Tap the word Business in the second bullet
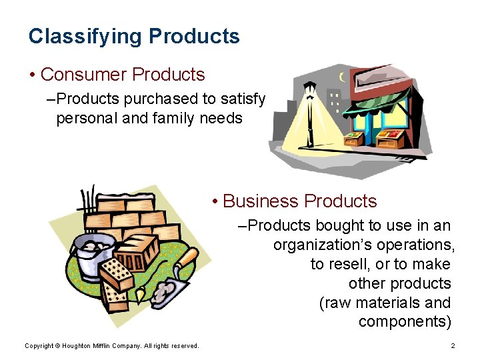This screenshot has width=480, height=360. pos(261,201)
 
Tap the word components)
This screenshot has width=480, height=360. pos(404,322)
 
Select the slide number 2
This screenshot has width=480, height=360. pos(453,346)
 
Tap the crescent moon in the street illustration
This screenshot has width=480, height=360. pos(344,77)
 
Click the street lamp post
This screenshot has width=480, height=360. pos(309,117)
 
